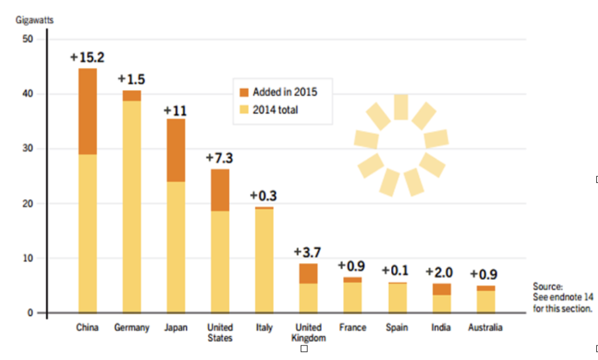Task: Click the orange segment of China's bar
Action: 88,111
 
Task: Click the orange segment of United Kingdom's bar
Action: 308,273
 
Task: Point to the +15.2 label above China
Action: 87,57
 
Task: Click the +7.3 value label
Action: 220,158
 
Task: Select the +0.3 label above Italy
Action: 263,196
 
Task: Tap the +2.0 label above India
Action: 441,272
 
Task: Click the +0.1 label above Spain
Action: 395,271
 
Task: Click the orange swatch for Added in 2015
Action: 244,92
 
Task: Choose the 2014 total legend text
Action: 275,109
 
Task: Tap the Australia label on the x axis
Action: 485,328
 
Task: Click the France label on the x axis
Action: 352,328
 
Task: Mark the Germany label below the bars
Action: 131,328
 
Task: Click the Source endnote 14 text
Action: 562,297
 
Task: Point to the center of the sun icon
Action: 401,144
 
